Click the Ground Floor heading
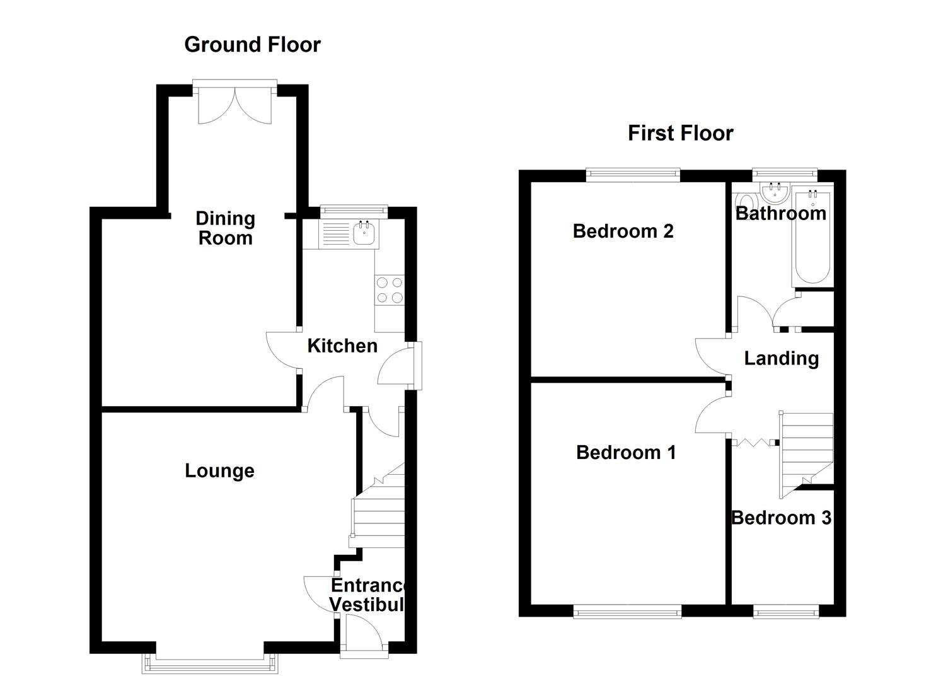pos(252,45)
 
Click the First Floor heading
pos(680,134)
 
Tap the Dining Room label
pos(225,228)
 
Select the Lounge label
pos(219,471)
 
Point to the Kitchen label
pos(342,346)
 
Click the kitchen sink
pos(365,233)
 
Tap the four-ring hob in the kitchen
pos(389,291)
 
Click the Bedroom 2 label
pos(623,231)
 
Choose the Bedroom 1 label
pos(626,453)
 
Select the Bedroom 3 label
pos(782,518)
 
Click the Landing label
pos(782,358)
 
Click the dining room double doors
pos(234,104)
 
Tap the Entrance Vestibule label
pos(367,595)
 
